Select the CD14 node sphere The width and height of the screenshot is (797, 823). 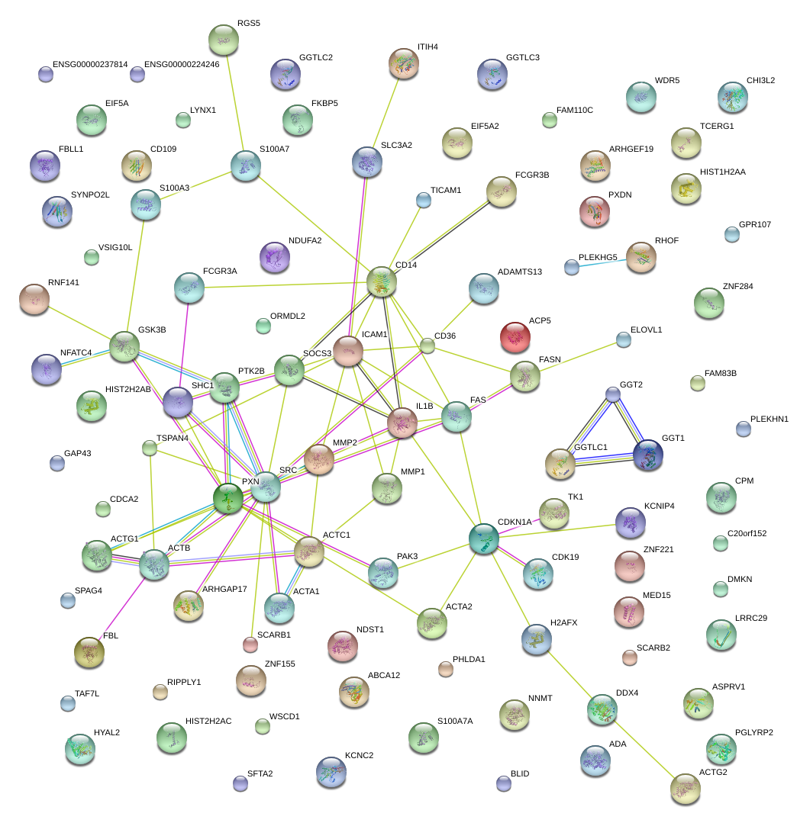(x=382, y=281)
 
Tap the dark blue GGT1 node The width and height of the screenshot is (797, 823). (x=647, y=455)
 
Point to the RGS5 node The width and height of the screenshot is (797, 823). (x=224, y=39)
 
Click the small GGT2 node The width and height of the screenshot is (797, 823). (x=613, y=394)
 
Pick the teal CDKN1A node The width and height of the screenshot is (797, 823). (x=483, y=538)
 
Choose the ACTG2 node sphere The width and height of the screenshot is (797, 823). (x=685, y=789)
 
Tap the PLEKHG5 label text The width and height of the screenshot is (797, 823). (x=598, y=258)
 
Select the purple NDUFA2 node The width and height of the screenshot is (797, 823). (x=275, y=257)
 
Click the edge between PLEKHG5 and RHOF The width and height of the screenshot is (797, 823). (x=599, y=263)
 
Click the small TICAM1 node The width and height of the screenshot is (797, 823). (x=424, y=201)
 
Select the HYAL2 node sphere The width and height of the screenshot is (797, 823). (x=80, y=749)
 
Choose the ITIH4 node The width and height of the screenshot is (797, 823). (x=403, y=63)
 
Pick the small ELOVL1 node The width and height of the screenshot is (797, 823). (x=624, y=340)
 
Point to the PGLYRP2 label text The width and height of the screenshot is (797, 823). (x=753, y=732)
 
